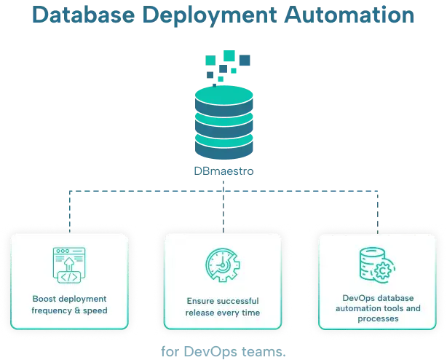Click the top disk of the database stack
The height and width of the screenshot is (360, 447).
[223, 96]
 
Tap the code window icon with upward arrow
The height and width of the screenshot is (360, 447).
[70, 266]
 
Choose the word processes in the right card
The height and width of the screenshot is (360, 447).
[379, 319]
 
